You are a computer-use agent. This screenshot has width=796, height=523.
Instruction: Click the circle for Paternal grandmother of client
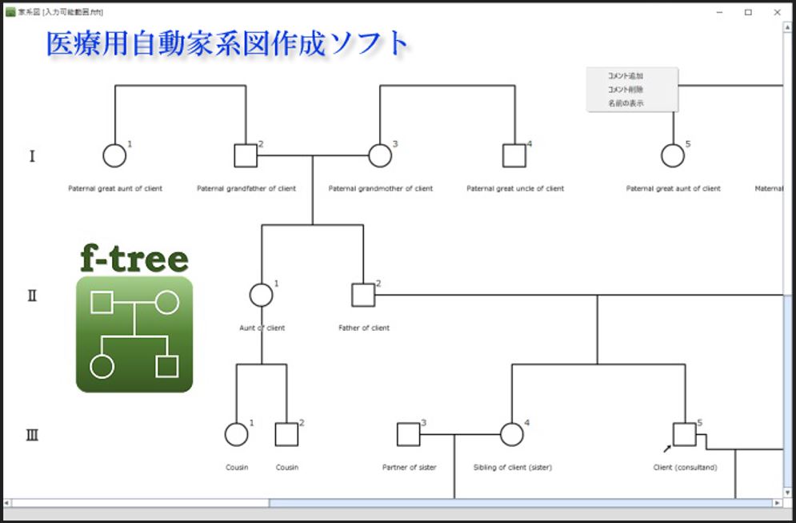coord(380,155)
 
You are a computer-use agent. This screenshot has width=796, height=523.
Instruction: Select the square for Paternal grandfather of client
coord(246,155)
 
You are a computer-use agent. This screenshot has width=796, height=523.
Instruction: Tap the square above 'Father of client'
coord(363,295)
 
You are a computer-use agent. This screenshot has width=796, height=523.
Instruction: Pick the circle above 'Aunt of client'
coord(261,295)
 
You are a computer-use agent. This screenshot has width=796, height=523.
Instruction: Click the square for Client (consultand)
coord(684,434)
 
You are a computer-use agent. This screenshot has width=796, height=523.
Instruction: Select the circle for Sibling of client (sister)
coord(512,434)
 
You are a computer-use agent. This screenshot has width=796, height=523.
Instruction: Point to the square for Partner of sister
coord(409,434)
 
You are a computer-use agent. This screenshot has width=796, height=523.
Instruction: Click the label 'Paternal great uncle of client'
coord(515,189)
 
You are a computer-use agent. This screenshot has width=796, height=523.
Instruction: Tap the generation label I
coord(32,156)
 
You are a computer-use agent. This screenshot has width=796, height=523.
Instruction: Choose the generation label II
coord(32,296)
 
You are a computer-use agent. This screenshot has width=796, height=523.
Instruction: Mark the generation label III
coord(32,436)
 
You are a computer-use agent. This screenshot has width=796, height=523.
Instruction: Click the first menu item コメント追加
coord(626,76)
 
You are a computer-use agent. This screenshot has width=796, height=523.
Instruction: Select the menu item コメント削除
coord(626,90)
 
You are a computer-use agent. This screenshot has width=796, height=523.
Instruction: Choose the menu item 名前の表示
coord(626,103)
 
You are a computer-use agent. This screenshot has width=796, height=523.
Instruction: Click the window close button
coord(777,12)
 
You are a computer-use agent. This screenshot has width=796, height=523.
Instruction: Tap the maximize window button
coord(748,12)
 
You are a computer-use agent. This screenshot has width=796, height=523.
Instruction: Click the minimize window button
coord(720,12)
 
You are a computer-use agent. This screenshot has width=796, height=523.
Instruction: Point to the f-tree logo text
coord(134,258)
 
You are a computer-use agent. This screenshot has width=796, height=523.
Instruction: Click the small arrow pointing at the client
coord(666,448)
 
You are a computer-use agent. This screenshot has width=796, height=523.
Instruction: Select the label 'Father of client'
coord(364,328)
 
